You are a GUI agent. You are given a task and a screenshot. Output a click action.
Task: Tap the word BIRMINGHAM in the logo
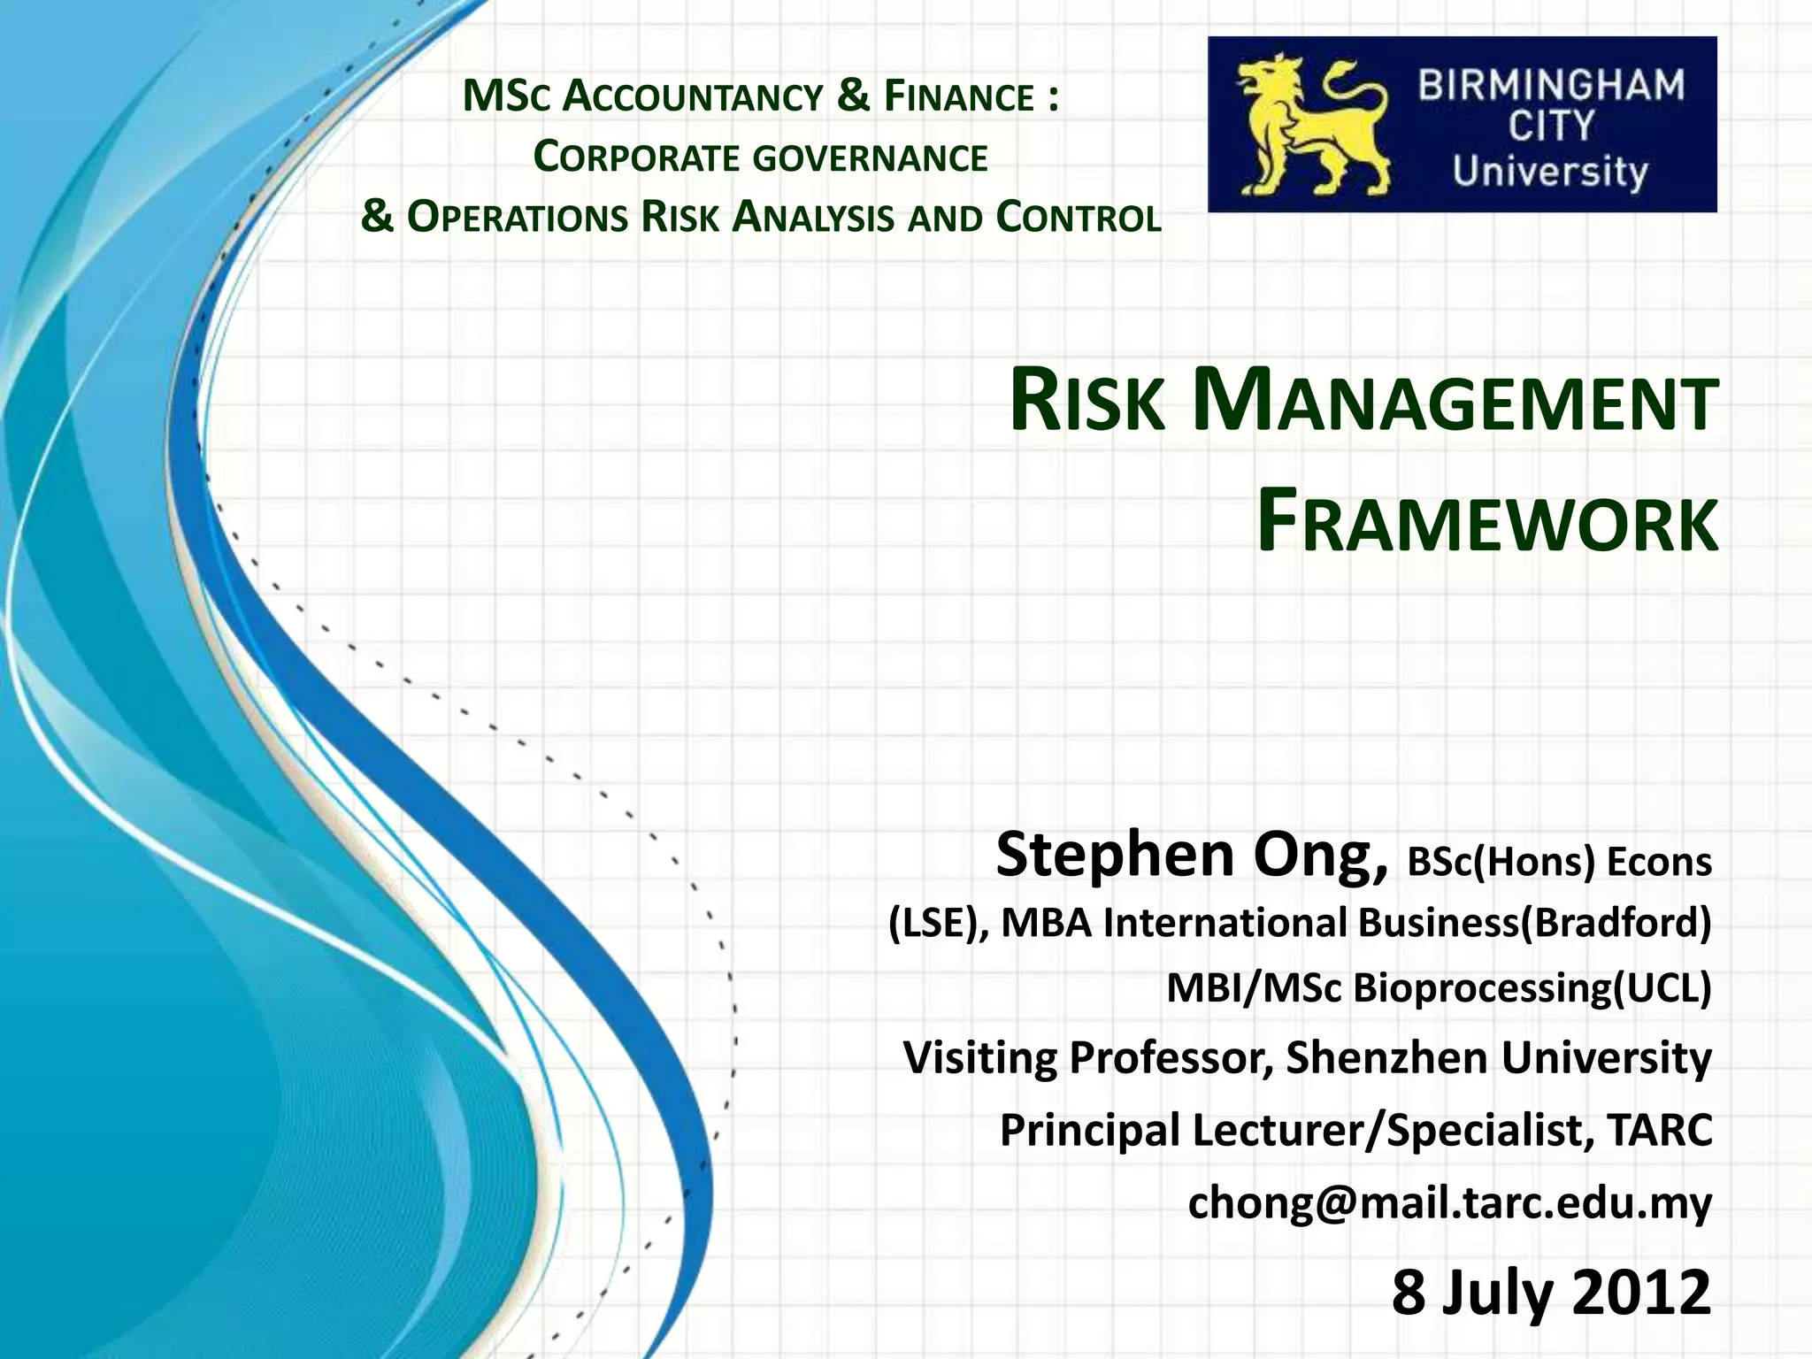[1552, 87]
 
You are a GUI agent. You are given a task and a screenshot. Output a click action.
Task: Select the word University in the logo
[1550, 172]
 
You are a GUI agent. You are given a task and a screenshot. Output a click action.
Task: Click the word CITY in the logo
[1551, 127]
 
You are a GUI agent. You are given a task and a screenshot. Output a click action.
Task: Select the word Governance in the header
[871, 158]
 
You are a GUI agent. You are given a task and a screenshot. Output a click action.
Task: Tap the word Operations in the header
[517, 218]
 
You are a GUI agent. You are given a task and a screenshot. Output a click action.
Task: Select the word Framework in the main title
[1487, 524]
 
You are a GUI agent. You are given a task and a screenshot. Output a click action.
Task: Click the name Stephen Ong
[1191, 855]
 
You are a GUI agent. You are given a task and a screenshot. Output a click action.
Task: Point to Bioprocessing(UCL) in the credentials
[1532, 987]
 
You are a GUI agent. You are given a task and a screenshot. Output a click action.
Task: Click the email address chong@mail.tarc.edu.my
[1449, 1202]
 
